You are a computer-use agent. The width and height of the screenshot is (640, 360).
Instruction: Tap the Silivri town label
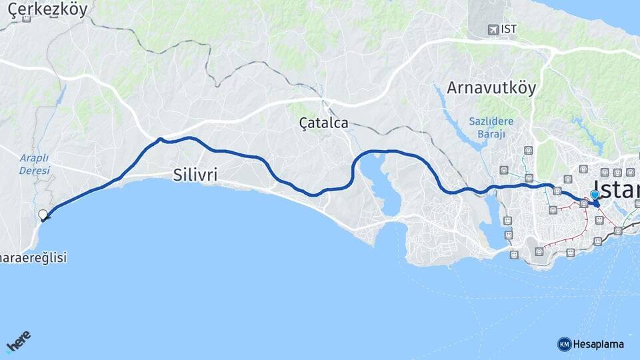[x=195, y=175]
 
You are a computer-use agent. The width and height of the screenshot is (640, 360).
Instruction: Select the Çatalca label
[x=323, y=123]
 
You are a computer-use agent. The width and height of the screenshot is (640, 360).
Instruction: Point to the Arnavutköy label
[x=491, y=88]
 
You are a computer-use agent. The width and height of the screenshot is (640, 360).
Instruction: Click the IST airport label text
[x=509, y=29]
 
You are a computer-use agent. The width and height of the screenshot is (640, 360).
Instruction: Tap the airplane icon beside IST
[x=493, y=29]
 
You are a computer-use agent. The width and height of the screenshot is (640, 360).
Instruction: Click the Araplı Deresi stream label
[x=34, y=164]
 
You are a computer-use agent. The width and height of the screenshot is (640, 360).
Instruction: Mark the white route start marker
[x=43, y=215]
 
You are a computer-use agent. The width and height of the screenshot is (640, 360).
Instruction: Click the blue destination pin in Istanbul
[x=595, y=195]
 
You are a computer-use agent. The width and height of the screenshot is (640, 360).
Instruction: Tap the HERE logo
[x=18, y=342]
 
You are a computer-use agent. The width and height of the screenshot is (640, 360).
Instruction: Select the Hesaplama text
[x=598, y=344]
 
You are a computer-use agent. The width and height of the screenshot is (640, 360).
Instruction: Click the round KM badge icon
[x=564, y=344]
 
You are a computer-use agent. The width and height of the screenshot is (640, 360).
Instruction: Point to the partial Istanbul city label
[x=617, y=188]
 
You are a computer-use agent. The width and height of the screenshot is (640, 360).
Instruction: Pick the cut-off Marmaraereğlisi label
[x=33, y=257]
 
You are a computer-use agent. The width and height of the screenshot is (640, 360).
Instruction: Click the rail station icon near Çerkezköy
[x=27, y=18]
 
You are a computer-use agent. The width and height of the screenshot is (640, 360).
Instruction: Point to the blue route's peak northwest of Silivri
[x=161, y=139]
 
